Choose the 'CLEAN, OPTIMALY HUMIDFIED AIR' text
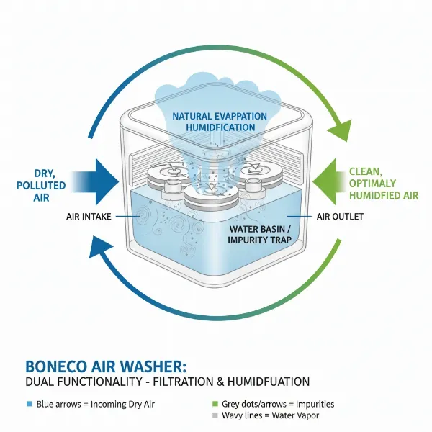coord(382,184)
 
